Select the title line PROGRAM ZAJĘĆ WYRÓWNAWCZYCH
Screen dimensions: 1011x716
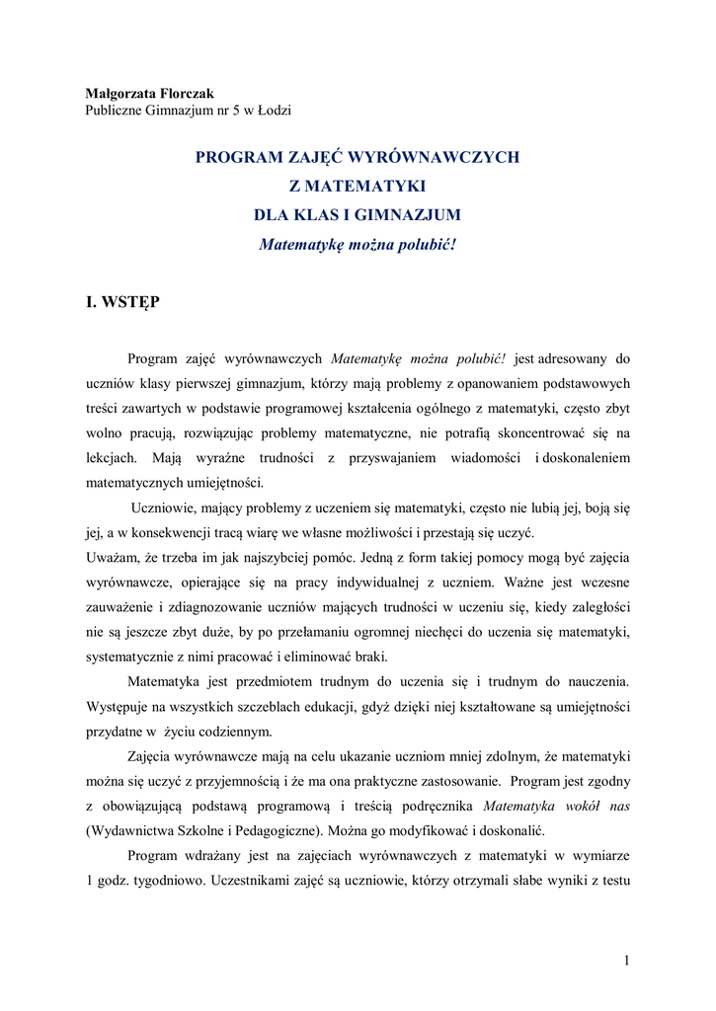[x=357, y=157]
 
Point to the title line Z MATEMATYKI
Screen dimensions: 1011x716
[x=357, y=186]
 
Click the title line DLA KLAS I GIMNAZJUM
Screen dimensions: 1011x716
[x=357, y=214]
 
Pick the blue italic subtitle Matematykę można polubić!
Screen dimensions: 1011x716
[x=357, y=243]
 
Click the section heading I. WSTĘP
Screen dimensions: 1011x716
[x=122, y=302]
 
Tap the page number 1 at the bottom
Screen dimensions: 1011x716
[x=626, y=960]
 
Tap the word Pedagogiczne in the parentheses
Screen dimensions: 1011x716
[x=275, y=830]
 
